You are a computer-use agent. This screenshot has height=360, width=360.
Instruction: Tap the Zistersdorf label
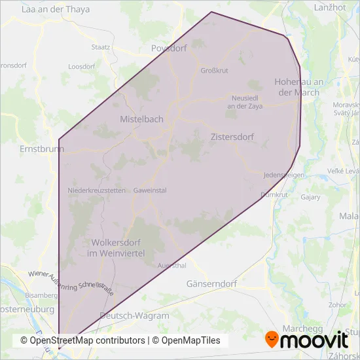pyautogui.click(x=232, y=137)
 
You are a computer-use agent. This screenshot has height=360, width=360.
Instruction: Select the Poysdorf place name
pyautogui.click(x=169, y=48)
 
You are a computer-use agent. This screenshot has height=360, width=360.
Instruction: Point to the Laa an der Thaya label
pyautogui.click(x=56, y=10)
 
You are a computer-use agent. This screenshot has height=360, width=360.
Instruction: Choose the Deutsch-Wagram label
pyautogui.click(x=134, y=315)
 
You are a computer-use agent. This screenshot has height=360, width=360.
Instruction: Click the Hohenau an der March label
pyautogui.click(x=298, y=88)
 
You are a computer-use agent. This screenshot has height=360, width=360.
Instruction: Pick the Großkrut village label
pyautogui.click(x=214, y=71)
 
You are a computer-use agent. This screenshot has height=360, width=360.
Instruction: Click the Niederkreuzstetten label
pyautogui.click(x=96, y=190)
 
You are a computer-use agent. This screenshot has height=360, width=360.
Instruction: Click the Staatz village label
pyautogui.click(x=101, y=47)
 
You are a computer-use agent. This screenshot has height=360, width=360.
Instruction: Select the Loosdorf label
pyautogui.click(x=82, y=67)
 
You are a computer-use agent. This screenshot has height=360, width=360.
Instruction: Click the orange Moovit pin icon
pyautogui.click(x=272, y=340)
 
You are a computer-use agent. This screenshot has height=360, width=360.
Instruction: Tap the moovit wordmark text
pyautogui.click(x=315, y=340)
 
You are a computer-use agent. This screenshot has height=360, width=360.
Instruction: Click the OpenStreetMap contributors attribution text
pyautogui.click(x=82, y=340)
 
